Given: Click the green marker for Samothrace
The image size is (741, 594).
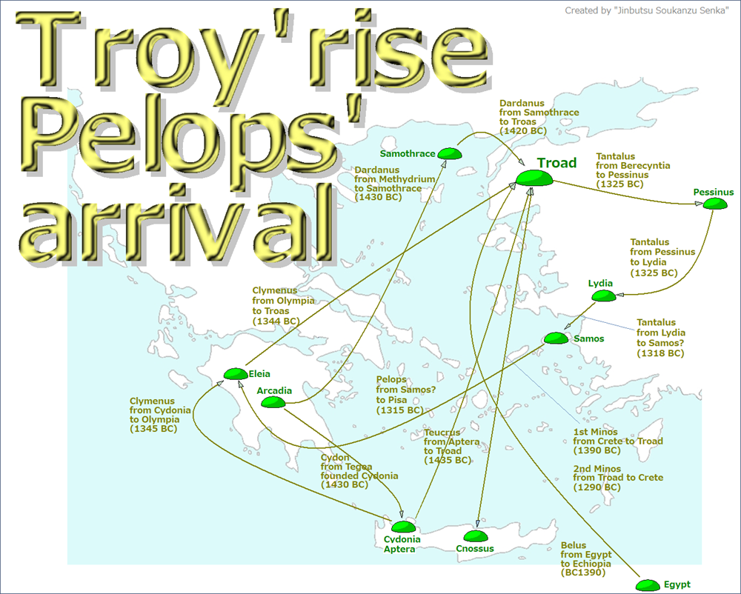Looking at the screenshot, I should pos(449,153).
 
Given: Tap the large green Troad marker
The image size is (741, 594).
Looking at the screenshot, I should pos(535,178).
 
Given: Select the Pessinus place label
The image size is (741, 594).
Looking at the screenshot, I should pos(714,193).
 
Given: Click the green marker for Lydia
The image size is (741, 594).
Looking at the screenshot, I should pos(605,296).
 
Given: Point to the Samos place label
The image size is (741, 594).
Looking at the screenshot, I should pos(588,339).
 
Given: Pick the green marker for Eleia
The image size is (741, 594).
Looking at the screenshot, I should pos(236,374).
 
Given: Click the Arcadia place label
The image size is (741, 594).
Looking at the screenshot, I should pos(274,390).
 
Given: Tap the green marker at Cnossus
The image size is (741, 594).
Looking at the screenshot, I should pos(475,535).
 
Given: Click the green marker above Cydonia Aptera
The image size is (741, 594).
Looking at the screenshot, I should pos(403,527).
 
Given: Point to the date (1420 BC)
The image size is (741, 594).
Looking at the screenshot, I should pos(523,131).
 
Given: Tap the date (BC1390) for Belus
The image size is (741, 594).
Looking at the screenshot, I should pos(583,573).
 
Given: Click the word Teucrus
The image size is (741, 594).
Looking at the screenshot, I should pos(442,432).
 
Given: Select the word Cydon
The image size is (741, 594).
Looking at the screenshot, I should pos(335,457).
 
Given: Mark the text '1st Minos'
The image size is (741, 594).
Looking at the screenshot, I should pos(594,431).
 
